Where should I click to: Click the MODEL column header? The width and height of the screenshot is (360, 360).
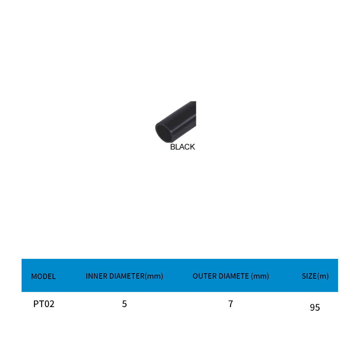tap(44, 276)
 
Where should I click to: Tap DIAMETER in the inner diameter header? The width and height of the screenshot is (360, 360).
tap(127, 276)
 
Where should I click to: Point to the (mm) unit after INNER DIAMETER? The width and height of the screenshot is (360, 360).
tap(154, 276)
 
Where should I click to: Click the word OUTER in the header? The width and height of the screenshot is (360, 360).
tap(202, 276)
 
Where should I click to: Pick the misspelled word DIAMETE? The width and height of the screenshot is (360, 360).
tap(231, 276)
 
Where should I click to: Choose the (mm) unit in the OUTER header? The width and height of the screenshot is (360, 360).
tap(260, 276)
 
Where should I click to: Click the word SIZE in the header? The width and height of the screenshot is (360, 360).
tap(309, 276)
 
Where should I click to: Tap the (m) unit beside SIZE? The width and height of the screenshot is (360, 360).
tap(323, 276)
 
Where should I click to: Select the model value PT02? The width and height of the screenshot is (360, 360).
tap(44, 304)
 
